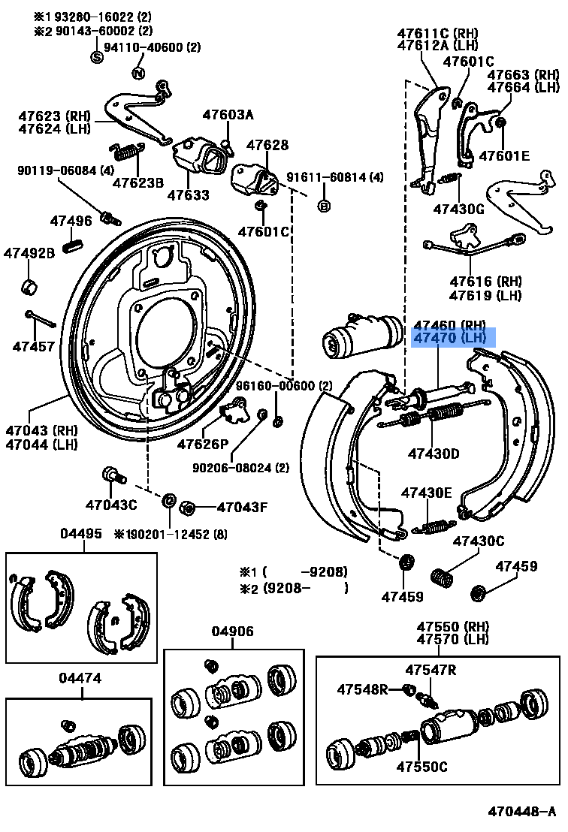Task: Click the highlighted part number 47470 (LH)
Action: coord(454,339)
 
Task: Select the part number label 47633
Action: coord(188,195)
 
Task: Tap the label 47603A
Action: coord(228,115)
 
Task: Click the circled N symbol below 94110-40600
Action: coord(138,73)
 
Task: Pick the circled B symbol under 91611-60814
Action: coord(324,205)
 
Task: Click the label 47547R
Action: coord(431,670)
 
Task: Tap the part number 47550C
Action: coord(421,767)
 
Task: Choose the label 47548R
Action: coord(362,689)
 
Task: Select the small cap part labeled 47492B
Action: coord(29,285)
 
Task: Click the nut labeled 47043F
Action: coord(189,508)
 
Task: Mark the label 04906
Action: coord(232,632)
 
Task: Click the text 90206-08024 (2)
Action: coord(240,468)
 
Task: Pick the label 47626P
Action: coord(202,444)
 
